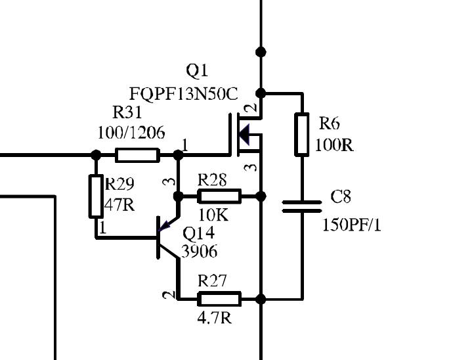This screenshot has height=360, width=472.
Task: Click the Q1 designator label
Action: (x=197, y=72)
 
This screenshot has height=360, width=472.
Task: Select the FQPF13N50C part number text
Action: (x=184, y=94)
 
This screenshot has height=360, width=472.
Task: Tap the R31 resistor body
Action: (x=137, y=155)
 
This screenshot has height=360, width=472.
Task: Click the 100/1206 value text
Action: (x=131, y=133)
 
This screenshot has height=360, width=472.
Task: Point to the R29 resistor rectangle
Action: (x=96, y=196)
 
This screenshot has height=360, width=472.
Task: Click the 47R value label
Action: (x=119, y=205)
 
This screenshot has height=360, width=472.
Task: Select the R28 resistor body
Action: (x=219, y=196)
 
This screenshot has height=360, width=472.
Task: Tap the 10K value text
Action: (x=213, y=215)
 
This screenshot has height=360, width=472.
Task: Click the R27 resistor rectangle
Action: (x=219, y=299)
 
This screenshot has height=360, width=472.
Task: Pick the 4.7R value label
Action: (x=215, y=317)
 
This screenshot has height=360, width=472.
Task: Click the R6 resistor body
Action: (x=301, y=135)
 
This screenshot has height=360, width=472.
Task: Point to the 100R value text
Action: (x=334, y=145)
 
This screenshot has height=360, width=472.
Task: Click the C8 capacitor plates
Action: (x=301, y=207)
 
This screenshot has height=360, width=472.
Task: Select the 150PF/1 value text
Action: (x=352, y=225)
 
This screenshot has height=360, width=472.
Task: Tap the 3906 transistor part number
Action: (x=200, y=251)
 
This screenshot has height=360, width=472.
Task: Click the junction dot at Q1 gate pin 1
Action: (x=178, y=155)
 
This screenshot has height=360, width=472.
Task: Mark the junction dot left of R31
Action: (x=96, y=155)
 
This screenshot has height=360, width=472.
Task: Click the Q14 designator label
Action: (x=199, y=233)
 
